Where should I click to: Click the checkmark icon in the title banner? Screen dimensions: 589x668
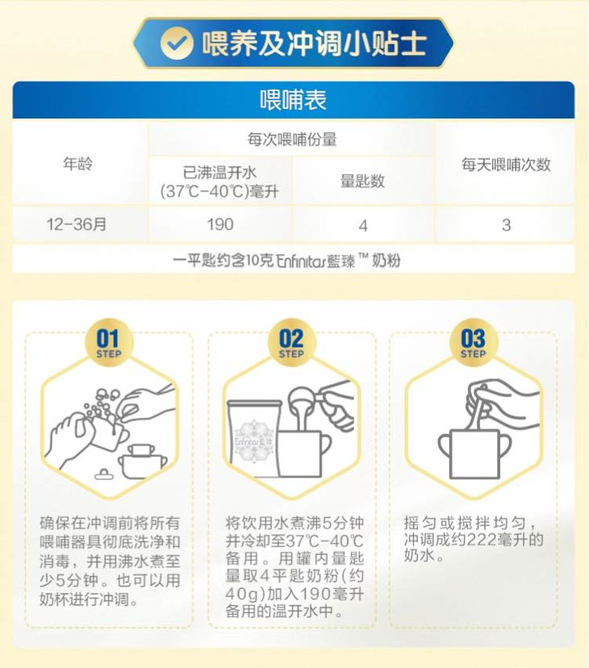[176, 43]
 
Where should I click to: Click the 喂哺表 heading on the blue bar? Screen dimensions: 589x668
[293, 100]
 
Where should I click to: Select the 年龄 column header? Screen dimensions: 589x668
[78, 164]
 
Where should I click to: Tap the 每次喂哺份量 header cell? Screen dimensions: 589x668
[292, 140]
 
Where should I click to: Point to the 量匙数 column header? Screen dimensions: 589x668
[362, 181]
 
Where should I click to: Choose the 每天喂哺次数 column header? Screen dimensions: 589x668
[506, 165]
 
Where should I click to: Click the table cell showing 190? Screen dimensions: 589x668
[220, 224]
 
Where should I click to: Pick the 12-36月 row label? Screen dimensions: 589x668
[77, 224]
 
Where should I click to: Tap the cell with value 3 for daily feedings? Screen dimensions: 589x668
[507, 225]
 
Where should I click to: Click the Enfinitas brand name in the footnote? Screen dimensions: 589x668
[301, 261]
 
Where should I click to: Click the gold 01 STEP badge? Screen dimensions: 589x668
[109, 343]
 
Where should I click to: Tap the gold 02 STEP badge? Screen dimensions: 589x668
[291, 343]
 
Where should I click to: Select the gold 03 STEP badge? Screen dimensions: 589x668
[473, 343]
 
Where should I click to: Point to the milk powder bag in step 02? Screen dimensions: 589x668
[254, 438]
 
